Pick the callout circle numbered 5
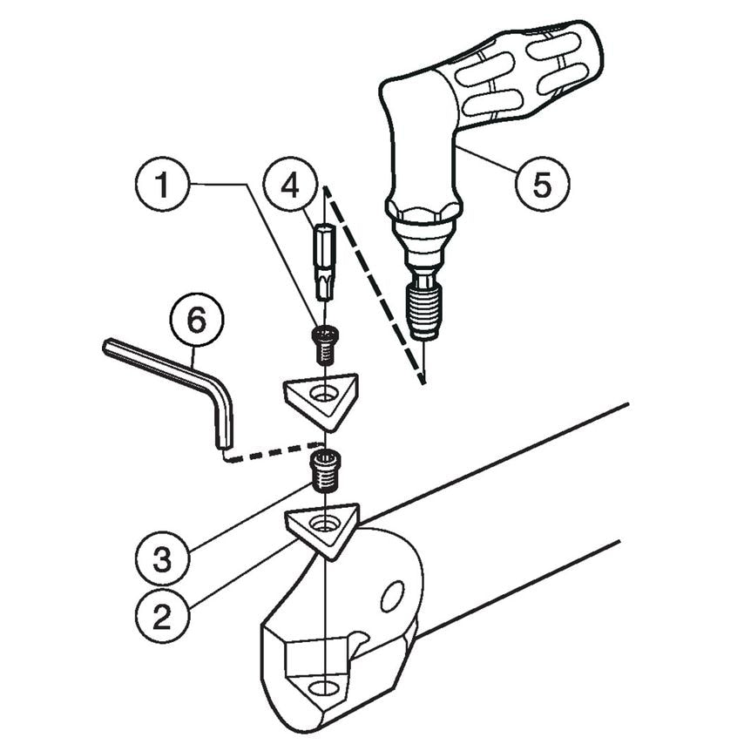click(x=541, y=185)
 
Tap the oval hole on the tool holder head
click(x=393, y=597)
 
